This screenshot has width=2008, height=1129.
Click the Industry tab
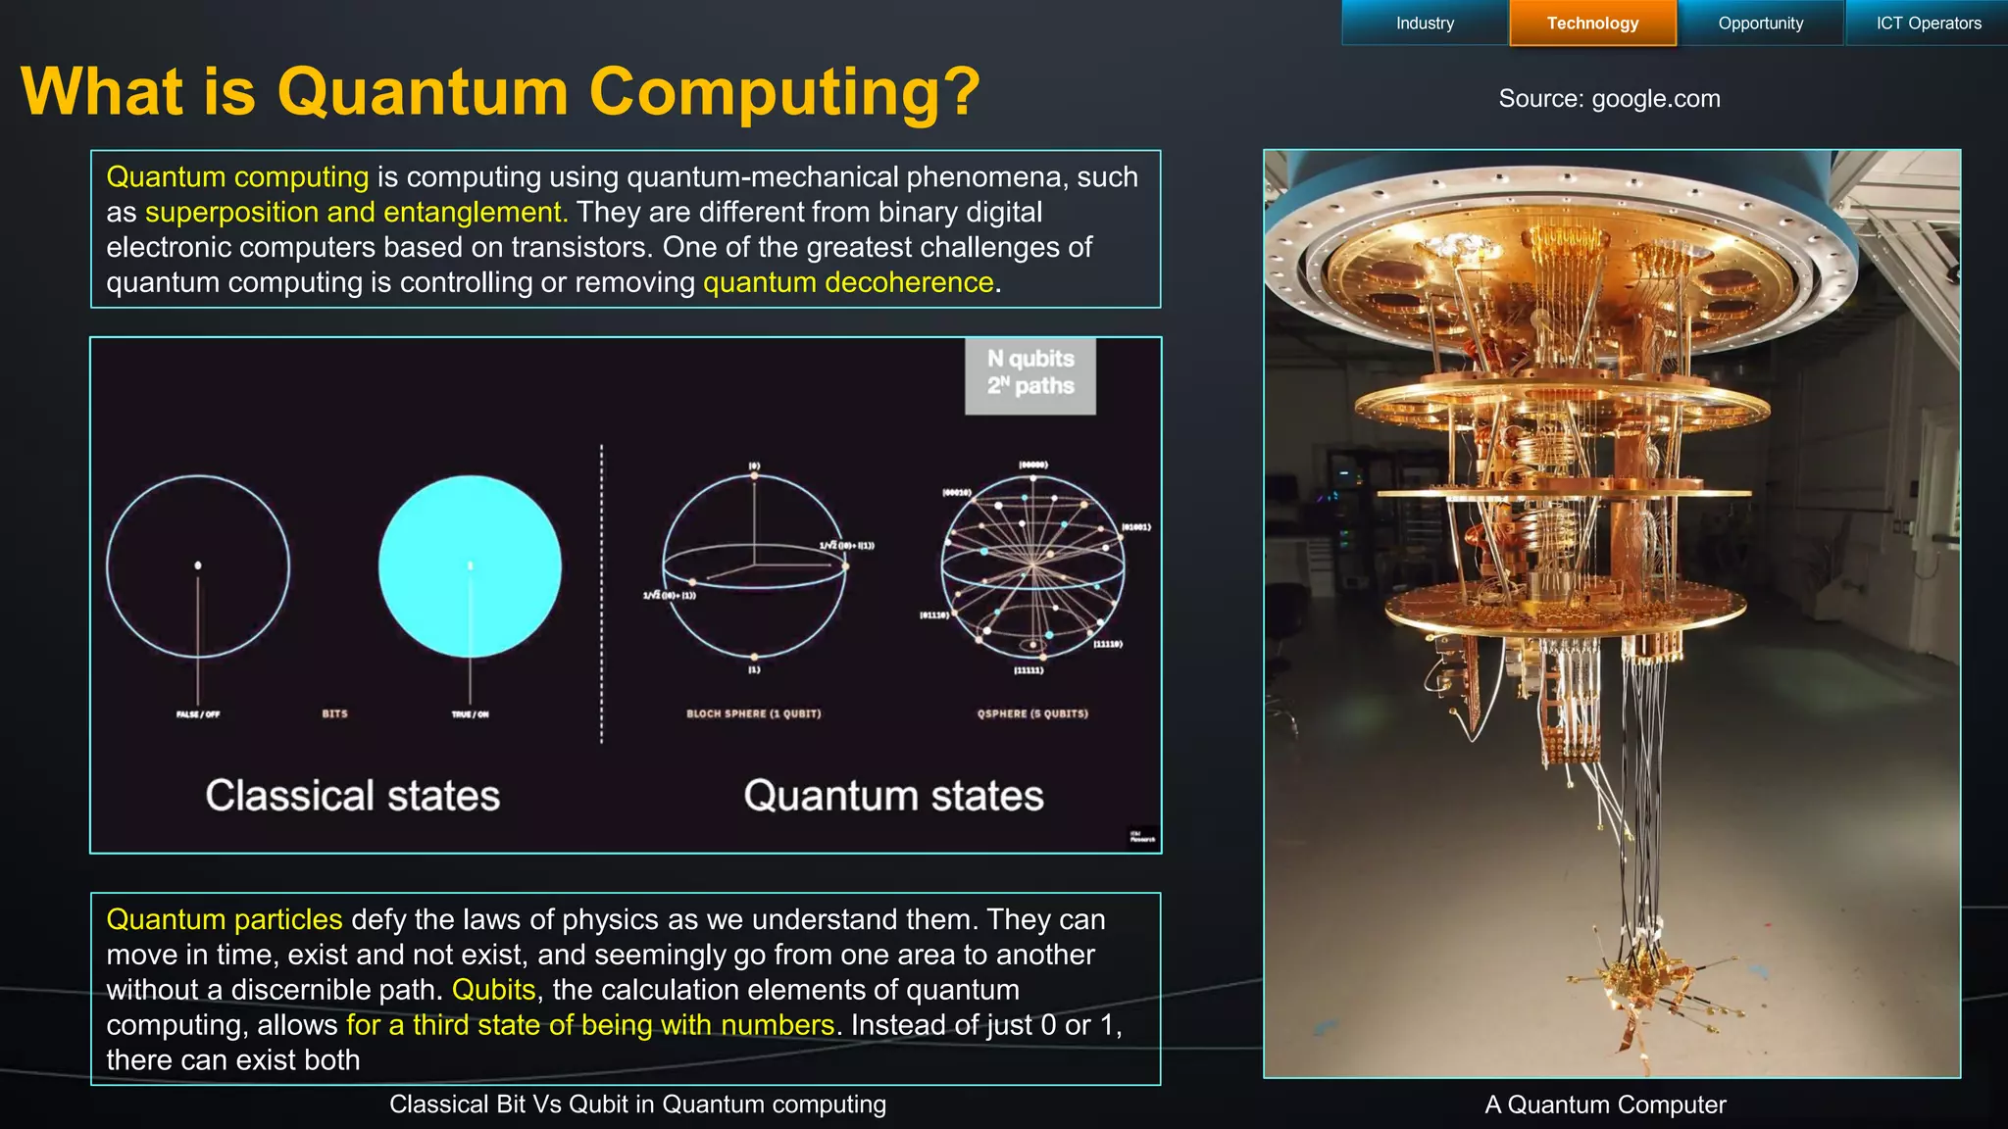(1425, 24)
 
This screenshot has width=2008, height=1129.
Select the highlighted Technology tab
(1592, 24)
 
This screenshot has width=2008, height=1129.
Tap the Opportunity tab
(1760, 24)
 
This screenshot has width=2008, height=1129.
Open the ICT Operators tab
(1928, 24)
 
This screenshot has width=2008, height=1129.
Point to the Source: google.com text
(1609, 99)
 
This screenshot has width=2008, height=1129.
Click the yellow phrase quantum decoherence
(848, 282)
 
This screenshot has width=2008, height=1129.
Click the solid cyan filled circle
(470, 566)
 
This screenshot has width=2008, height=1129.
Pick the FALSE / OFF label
(198, 714)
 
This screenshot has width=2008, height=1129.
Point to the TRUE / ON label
(470, 714)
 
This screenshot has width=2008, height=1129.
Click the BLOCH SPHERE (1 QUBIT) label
(753, 713)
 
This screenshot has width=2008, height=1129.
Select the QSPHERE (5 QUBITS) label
(1032, 713)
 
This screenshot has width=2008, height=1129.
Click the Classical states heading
(352, 795)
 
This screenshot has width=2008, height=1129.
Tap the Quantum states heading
(893, 795)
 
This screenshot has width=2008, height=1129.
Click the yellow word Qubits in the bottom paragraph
(493, 990)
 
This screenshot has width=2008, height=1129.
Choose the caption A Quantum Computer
(1605, 1104)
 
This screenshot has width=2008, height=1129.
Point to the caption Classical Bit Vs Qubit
(637, 1104)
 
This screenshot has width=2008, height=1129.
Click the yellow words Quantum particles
(224, 919)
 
